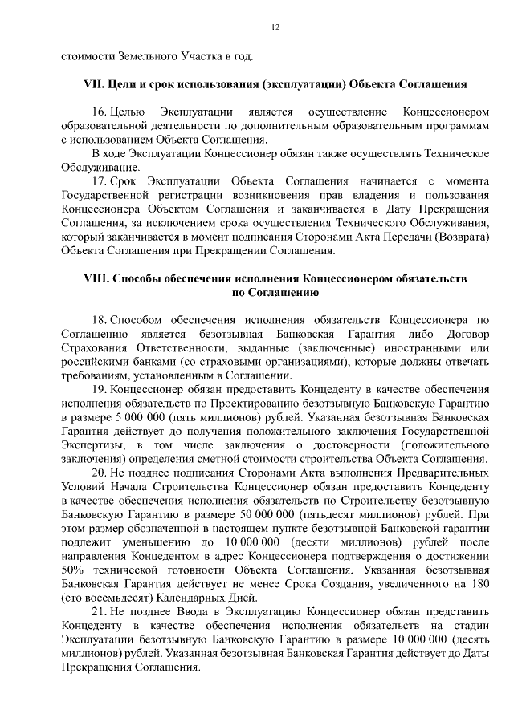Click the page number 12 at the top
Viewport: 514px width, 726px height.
[x=275, y=28]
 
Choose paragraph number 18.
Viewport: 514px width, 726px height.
[x=100, y=320]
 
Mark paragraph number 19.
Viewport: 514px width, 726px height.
[x=100, y=390]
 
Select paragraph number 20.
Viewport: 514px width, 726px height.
[x=100, y=473]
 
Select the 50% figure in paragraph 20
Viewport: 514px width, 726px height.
[x=73, y=571]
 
